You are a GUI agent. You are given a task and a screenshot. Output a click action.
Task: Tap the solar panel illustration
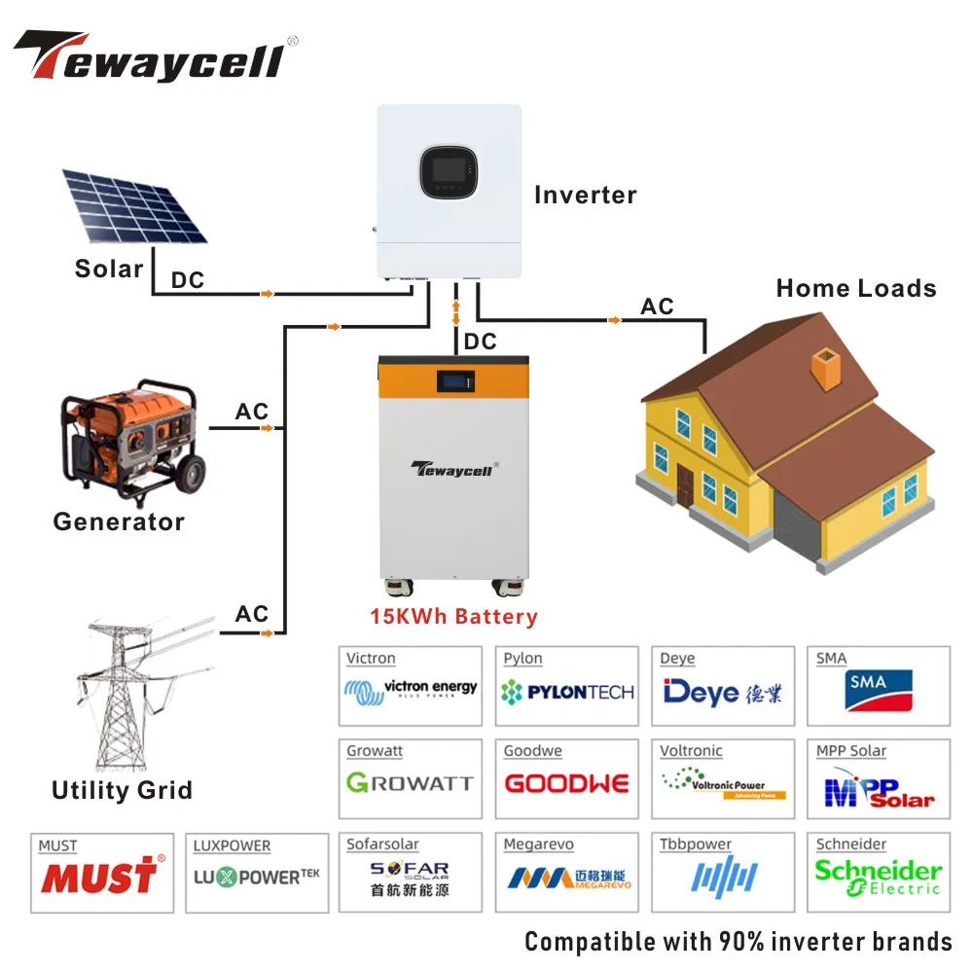(x=134, y=205)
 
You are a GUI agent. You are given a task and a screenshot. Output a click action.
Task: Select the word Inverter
(x=585, y=195)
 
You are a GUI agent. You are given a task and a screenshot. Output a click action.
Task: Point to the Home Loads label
(x=856, y=288)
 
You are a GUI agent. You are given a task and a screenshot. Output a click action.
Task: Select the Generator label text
(x=119, y=522)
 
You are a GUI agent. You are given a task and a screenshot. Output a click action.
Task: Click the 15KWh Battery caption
(x=453, y=616)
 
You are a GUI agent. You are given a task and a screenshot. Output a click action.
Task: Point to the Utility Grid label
(x=122, y=789)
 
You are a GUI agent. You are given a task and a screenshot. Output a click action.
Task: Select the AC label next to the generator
(x=251, y=412)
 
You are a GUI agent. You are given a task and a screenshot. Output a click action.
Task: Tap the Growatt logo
(x=410, y=783)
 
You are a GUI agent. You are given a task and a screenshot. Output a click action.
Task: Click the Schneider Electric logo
(x=878, y=876)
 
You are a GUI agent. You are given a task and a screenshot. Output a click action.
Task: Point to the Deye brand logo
(x=722, y=692)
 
